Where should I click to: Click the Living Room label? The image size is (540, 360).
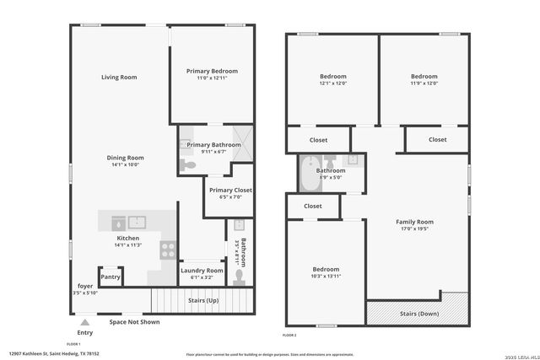pos(119,78)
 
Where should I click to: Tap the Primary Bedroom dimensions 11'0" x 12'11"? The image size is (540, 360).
pos(213,78)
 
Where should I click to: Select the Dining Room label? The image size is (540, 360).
pos(125,158)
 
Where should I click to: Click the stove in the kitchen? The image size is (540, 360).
pos(168,250)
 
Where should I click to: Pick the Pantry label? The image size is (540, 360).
pos(111,277)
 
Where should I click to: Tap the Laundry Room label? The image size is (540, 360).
pos(202,270)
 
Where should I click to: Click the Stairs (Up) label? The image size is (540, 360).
pos(202,299)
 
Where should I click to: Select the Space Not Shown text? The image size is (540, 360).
pos(134,322)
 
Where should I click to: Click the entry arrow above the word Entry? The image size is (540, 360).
pos(84,321)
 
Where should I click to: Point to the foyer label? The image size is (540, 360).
pos(85,286)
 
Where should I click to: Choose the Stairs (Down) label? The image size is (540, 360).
pos(417,314)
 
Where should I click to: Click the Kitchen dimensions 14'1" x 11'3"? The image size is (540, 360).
pos(127,245)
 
